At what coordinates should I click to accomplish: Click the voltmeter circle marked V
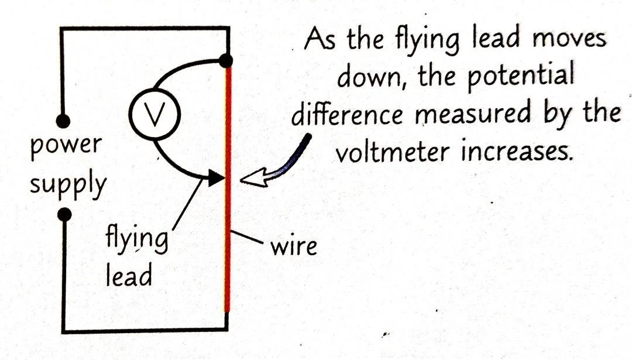153,117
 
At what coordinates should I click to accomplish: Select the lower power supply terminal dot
64,215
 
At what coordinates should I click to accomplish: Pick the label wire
293,246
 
